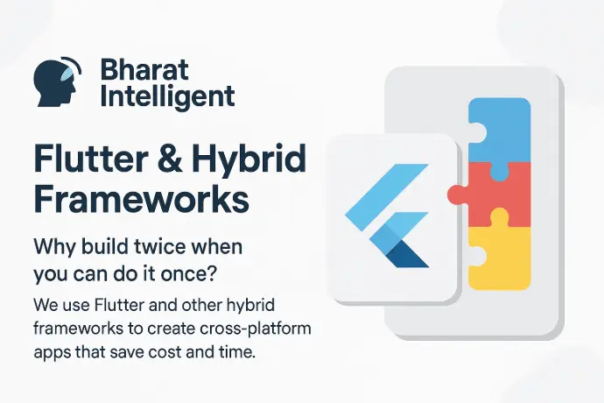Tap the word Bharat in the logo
[144, 70]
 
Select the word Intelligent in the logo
[167, 97]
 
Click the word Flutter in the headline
[90, 159]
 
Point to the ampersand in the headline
[170, 159]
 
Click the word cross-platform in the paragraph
[256, 329]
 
